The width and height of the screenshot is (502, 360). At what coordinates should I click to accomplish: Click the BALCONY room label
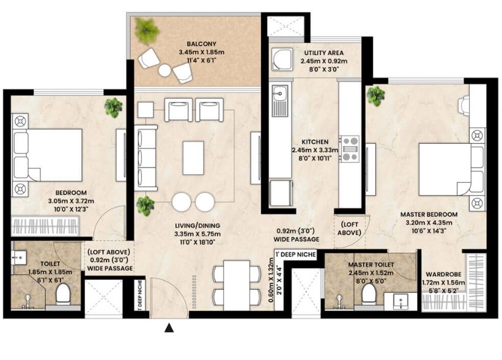(201, 44)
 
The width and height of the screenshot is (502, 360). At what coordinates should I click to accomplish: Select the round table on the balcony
(165, 70)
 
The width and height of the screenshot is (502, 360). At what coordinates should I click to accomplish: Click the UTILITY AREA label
(323, 53)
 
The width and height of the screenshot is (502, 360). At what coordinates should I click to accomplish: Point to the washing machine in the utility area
(282, 59)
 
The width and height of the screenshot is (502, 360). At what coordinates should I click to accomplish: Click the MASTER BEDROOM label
(429, 215)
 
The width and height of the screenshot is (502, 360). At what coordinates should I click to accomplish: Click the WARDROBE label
(443, 274)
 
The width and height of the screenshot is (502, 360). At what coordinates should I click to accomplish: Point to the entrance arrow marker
(169, 328)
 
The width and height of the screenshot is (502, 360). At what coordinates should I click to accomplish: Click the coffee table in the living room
(193, 158)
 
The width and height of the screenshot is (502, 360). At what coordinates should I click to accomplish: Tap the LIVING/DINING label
(197, 226)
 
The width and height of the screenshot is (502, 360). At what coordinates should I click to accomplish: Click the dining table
(237, 285)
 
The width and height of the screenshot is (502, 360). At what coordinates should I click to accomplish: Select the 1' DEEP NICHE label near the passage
(296, 255)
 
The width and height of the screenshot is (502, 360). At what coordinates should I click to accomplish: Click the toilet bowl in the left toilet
(63, 294)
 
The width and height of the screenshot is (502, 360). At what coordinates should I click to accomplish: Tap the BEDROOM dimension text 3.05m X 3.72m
(71, 201)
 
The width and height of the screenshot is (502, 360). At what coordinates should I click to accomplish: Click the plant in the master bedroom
(376, 95)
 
